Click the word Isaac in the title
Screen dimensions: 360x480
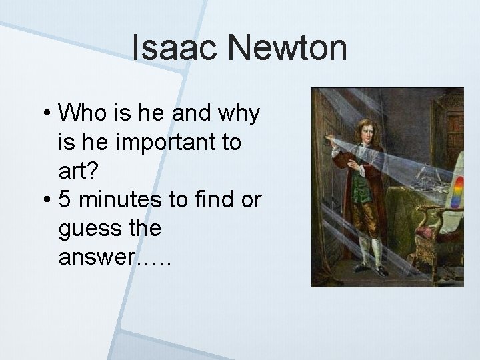pyautogui.click(x=175, y=49)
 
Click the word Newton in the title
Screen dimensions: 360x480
pyautogui.click(x=287, y=49)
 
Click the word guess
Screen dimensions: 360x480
pyautogui.click(x=90, y=229)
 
